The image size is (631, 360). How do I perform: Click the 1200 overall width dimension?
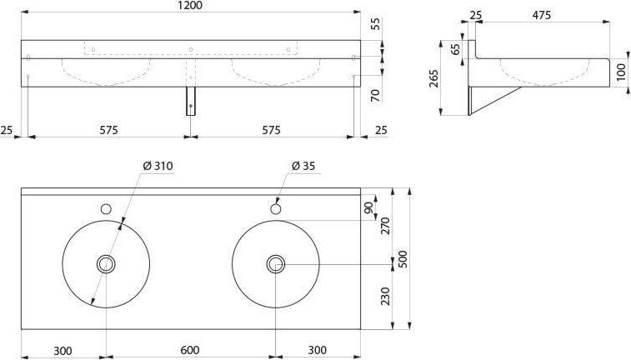click(x=191, y=6)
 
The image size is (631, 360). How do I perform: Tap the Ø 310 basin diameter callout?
click(x=158, y=166)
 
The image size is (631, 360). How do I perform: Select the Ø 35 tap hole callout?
click(x=303, y=166)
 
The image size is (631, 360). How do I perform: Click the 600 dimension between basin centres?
click(x=190, y=350)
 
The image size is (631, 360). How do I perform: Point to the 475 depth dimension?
click(x=541, y=15)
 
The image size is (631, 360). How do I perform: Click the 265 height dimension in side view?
click(x=433, y=78)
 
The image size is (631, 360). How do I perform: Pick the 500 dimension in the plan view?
click(x=403, y=259)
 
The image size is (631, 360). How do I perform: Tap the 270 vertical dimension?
click(x=386, y=226)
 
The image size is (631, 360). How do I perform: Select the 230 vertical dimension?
click(x=386, y=296)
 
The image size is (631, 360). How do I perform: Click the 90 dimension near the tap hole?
click(x=368, y=208)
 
